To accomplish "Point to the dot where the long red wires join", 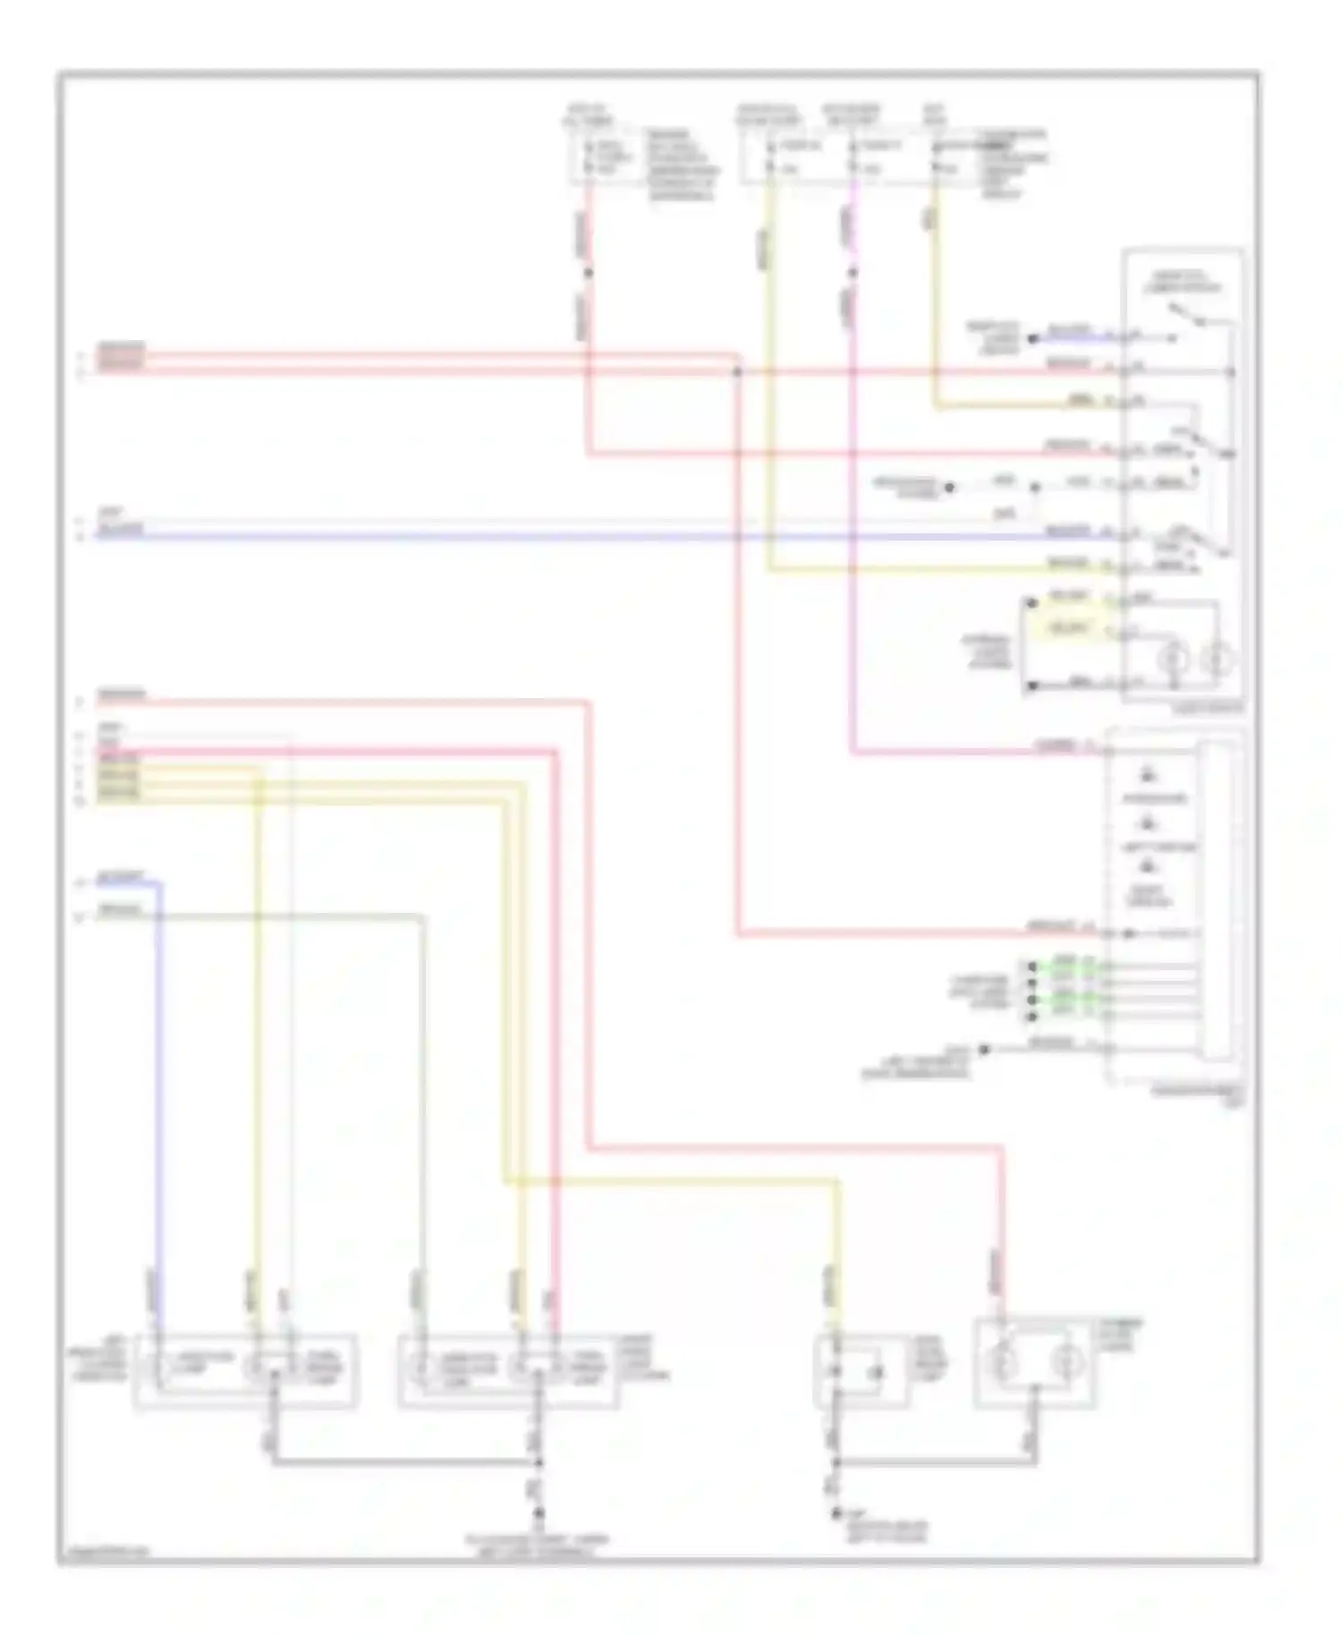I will pyautogui.click(x=737, y=371).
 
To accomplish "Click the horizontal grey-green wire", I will pyautogui.click(x=286, y=916).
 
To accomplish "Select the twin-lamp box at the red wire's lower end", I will pyautogui.click(x=1034, y=1363).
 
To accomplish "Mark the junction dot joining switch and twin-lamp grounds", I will pyautogui.click(x=837, y=1464).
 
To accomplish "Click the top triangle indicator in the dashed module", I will pyautogui.click(x=1149, y=775).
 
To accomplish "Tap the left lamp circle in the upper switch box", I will pyautogui.click(x=1173, y=660).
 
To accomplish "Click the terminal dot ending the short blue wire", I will pyautogui.click(x=1032, y=339).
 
